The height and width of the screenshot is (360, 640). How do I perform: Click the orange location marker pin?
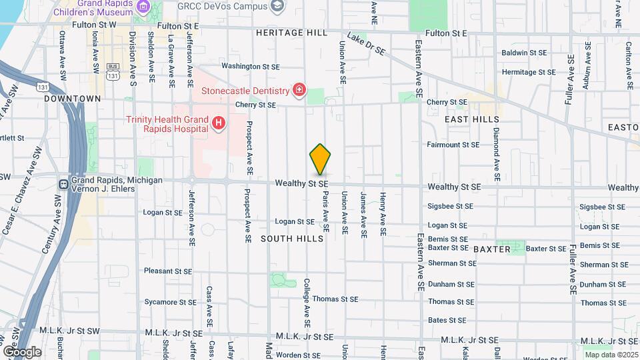click(x=321, y=159)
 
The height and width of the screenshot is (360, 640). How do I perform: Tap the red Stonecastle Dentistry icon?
click(x=299, y=90)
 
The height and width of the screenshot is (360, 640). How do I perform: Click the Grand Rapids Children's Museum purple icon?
click(x=143, y=7)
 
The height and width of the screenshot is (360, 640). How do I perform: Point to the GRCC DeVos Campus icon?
click(x=277, y=7)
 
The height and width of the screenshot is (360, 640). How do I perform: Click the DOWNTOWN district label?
click(x=72, y=99)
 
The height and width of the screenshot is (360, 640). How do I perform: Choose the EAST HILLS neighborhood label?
click(x=472, y=119)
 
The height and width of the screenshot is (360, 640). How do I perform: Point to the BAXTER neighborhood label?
click(x=491, y=249)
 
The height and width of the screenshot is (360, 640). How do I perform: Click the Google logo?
click(x=22, y=351)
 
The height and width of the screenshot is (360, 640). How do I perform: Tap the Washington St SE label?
click(x=251, y=67)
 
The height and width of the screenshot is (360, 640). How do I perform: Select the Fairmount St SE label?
click(x=453, y=144)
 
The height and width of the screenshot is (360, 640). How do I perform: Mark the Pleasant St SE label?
click(x=168, y=271)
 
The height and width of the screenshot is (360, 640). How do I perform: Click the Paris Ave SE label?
click(x=326, y=211)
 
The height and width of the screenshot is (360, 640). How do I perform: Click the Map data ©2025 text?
click(x=611, y=354)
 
